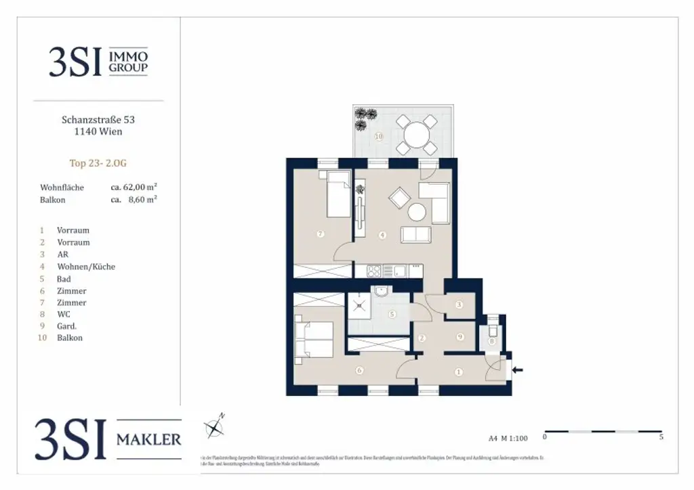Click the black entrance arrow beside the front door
coord(519,370)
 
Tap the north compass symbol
coord(215,426)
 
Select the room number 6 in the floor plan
coord(359,370)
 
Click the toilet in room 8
coord(492,332)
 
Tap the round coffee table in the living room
coord(415,213)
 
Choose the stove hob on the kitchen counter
coord(375,271)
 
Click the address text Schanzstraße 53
coord(98,120)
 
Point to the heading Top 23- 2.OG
coord(98,162)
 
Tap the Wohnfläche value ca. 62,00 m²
coord(134,187)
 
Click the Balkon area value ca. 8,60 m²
coord(134,200)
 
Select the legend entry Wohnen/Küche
coord(86,267)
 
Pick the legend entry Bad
coord(64,279)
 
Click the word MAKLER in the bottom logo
coord(149,439)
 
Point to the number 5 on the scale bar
coord(661,437)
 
